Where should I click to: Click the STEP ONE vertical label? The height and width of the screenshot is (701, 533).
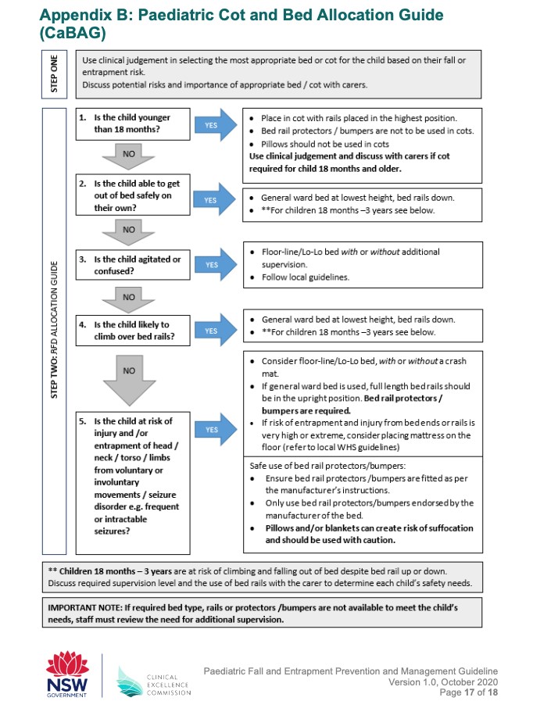point(55,73)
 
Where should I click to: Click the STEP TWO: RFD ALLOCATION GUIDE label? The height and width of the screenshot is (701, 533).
point(55,328)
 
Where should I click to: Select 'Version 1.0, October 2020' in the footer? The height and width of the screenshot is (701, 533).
point(442,682)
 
